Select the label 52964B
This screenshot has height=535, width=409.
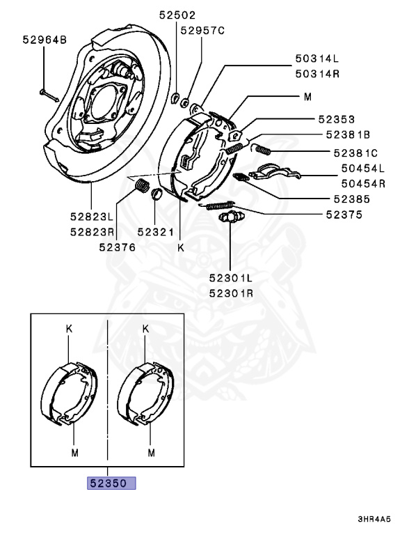pyautogui.click(x=42, y=40)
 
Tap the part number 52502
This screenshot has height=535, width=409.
pyautogui.click(x=176, y=15)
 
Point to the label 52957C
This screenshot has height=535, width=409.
pyautogui.click(x=203, y=31)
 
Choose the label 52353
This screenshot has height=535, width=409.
pyautogui.click(x=347, y=118)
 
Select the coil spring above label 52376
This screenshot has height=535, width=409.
pyautogui.click(x=141, y=187)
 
